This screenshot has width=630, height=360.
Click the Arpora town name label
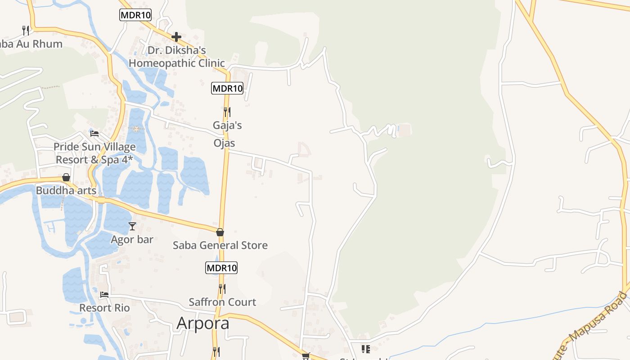[203, 323]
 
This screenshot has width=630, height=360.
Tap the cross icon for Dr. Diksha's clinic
[176, 36]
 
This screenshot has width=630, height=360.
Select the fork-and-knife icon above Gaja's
[227, 112]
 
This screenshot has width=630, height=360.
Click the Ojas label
[224, 143]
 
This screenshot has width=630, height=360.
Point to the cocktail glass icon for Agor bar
[132, 226]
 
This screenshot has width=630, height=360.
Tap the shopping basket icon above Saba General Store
[220, 232]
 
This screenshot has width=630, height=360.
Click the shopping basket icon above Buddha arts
[66, 177]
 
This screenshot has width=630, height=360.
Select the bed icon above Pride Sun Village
[94, 133]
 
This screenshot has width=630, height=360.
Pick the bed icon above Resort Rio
[104, 294]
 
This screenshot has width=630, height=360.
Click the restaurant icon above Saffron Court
[222, 288]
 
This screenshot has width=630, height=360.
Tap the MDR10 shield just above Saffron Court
[221, 268]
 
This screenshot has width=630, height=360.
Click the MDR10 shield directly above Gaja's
[227, 89]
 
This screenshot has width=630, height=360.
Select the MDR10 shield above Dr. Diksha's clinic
[135, 15]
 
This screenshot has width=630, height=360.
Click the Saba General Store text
[220, 245]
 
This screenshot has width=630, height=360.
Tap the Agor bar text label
[132, 239]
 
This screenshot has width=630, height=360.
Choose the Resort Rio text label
[104, 308]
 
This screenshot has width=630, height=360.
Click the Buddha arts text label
[66, 190]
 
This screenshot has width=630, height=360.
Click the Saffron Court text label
[222, 302]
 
